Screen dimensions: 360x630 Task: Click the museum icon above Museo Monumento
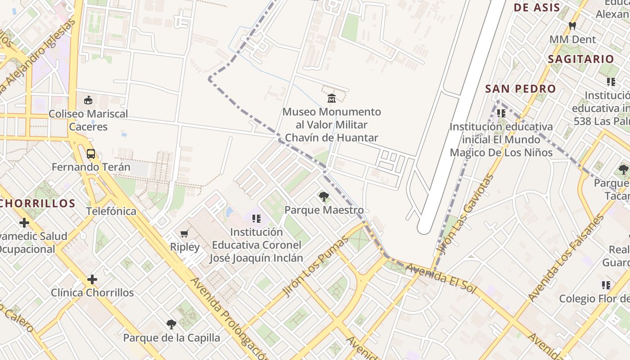coord(332,98)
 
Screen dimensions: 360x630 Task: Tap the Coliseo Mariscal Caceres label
coord(88,120)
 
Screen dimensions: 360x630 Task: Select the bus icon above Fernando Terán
coord(91,154)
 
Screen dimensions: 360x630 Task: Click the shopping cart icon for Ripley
coord(184,234)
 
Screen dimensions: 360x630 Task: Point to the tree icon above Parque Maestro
coord(323,196)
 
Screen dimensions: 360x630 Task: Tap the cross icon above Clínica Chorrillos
coord(92,279)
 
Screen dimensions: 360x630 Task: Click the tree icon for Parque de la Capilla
coord(171,324)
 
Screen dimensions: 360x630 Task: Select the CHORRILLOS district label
coord(37,203)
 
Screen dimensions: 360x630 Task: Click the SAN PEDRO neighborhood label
coord(520,89)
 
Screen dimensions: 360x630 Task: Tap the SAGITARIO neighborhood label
coord(580,59)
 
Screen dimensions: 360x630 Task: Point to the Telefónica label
coord(111,211)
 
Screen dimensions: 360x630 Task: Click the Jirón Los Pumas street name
coord(316,266)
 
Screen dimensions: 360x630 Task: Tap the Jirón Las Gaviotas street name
coord(466,214)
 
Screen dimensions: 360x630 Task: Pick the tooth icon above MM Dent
coord(572,26)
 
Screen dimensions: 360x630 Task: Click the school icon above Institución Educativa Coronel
coord(256,219)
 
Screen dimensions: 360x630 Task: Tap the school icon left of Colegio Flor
coord(606,285)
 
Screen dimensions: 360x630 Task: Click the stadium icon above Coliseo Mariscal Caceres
coord(88,100)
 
